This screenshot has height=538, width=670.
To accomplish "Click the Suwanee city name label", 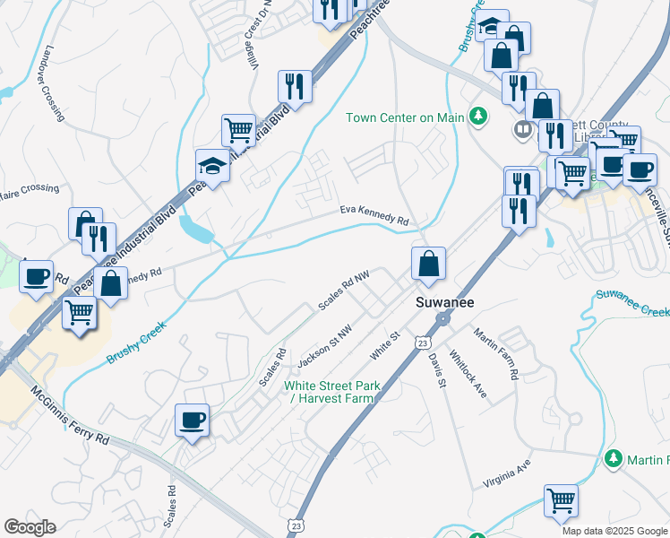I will click(443, 303).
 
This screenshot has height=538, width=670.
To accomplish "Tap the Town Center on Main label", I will click(405, 117).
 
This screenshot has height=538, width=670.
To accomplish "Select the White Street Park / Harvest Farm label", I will click(332, 392).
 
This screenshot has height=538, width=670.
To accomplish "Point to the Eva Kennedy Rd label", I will click(374, 214).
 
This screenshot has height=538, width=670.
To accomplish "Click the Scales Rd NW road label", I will click(344, 293).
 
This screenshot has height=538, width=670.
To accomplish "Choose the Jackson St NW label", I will click(324, 340).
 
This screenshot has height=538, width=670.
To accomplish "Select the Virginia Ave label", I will click(507, 472).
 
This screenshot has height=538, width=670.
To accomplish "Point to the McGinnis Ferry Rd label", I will click(69, 417).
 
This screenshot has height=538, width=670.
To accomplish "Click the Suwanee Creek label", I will click(632, 301).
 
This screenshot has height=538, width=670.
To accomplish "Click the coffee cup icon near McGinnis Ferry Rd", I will click(192, 420).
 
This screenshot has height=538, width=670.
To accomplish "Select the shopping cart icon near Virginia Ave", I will click(561, 500).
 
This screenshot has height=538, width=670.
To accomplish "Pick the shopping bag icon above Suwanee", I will click(429, 264).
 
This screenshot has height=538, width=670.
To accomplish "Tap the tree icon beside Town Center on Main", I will click(479, 116).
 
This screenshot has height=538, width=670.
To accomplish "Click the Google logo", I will click(30, 527).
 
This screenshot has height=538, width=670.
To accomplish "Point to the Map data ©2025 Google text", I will click(614, 531).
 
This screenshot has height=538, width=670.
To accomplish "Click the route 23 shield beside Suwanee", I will click(422, 343).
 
